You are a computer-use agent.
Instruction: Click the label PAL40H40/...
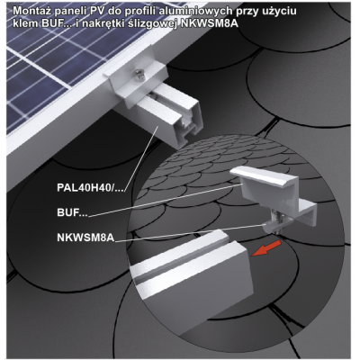90,188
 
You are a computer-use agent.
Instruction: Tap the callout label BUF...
72,212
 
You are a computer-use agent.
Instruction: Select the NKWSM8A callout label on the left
85,238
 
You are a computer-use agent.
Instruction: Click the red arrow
266,248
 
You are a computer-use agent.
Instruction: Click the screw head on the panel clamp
139,74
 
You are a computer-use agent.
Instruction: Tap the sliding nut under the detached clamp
271,226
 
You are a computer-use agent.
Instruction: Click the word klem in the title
25,23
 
